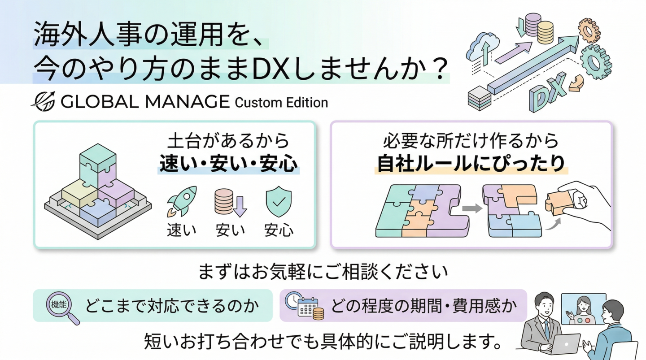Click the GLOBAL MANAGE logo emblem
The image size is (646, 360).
43,101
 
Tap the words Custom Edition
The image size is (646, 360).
281,103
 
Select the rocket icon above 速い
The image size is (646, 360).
182,201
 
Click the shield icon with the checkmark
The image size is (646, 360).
278,201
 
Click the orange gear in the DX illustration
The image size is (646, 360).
589,30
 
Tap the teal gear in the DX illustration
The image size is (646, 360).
596,62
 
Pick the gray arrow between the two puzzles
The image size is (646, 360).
472,208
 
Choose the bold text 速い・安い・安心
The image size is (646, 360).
228,164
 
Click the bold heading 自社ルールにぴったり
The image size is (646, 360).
471,164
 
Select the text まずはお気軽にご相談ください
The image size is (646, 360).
323,272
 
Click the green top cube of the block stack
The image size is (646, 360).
98,158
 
